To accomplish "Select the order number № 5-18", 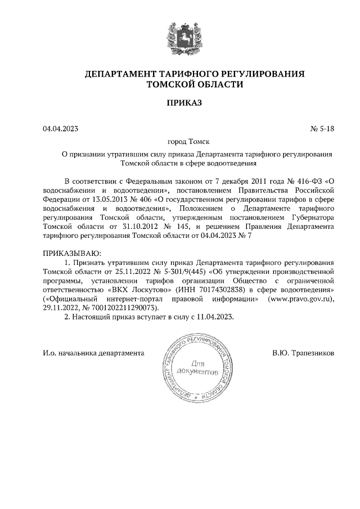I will tap(322, 129).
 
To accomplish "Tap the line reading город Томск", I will tap(180, 142).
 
